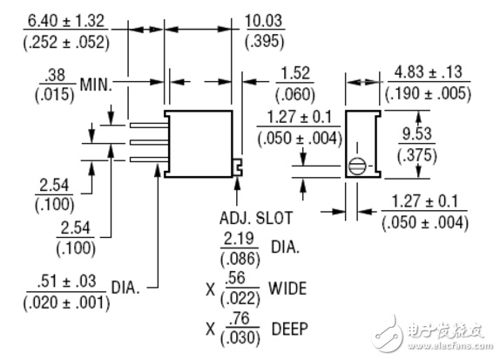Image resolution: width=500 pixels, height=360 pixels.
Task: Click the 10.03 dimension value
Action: click(264, 21)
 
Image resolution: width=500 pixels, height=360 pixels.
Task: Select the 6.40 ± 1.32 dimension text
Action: click(66, 21)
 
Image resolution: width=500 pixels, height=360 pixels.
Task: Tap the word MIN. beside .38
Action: click(96, 85)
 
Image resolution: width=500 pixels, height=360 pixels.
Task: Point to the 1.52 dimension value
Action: click(295, 73)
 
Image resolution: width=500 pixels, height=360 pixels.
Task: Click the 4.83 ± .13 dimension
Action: click(429, 72)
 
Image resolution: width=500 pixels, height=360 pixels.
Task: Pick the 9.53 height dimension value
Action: click(416, 133)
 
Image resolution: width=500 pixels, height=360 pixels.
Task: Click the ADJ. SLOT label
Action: click(256, 218)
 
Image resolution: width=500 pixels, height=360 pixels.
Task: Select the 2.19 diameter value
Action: click(239, 239)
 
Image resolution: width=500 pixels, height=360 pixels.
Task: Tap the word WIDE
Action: click(287, 289)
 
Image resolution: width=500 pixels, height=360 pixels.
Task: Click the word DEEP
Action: click(290, 329)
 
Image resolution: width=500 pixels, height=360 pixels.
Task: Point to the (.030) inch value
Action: click(240, 338)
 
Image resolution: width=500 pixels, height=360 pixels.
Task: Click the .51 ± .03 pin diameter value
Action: click(66, 282)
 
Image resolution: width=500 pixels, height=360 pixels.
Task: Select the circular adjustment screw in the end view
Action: click(356, 166)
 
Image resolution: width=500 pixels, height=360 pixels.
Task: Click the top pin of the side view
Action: click(149, 126)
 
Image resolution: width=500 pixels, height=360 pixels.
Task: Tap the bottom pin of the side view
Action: click(149, 160)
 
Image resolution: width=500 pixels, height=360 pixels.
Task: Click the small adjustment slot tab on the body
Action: click(238, 166)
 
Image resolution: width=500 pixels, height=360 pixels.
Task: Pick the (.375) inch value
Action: click(417, 156)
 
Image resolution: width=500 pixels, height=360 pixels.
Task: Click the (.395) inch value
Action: click(264, 42)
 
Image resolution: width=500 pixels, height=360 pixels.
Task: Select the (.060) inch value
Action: click(295, 94)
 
